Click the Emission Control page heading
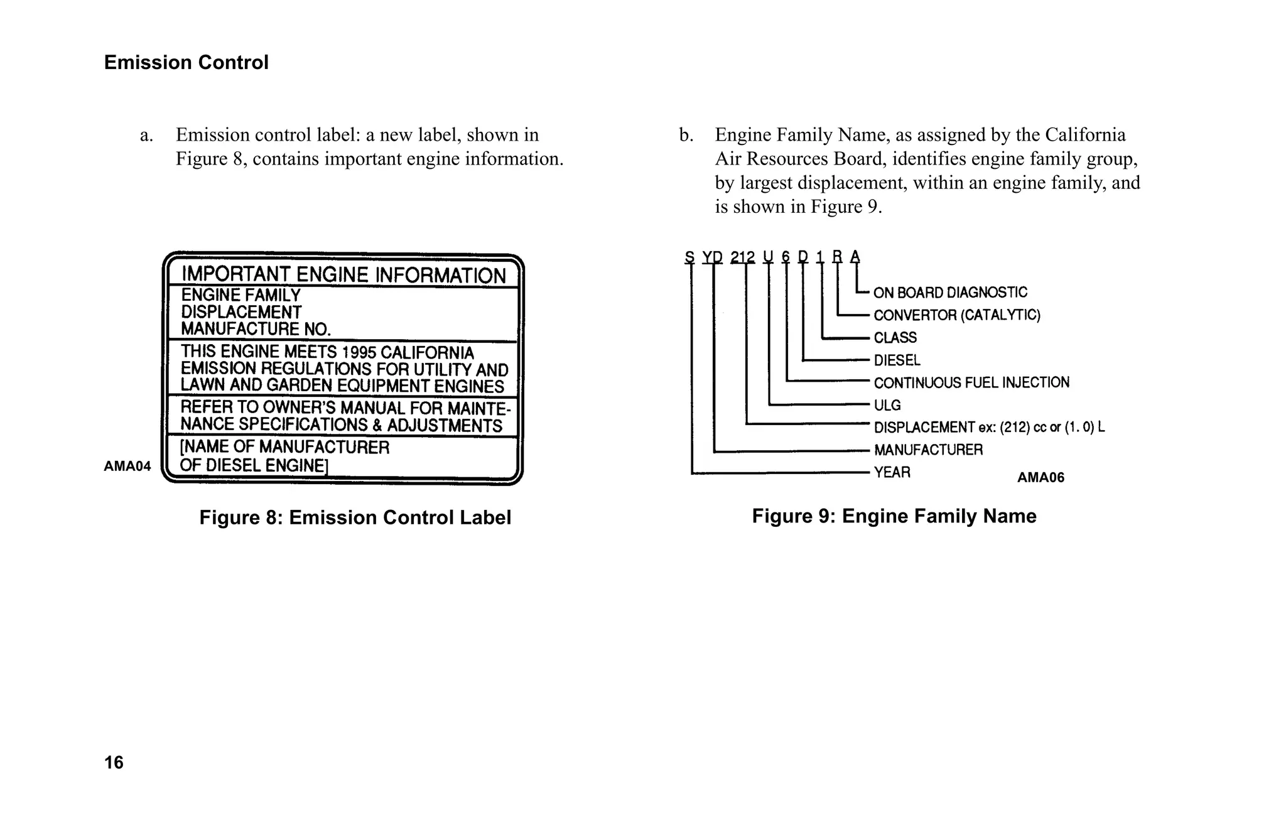186,63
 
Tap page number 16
114,762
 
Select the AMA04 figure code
127,466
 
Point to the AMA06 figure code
1040,478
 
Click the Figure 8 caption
355,517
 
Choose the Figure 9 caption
894,516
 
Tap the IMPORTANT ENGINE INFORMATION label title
343,275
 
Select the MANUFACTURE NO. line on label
256,329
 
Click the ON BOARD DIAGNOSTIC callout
950,293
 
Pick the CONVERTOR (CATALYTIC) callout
957,315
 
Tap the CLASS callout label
895,338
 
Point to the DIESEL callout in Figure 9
897,360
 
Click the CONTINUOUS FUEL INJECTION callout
971,383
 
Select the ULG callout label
887,406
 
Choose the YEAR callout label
892,472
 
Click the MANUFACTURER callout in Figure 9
928,450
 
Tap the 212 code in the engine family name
742,257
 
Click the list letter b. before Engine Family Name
686,136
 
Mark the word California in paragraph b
1085,135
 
